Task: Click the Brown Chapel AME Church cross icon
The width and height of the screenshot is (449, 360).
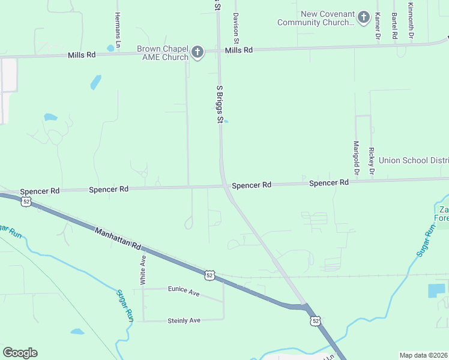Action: tap(197, 52)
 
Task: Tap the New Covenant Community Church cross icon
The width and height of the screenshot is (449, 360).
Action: tap(363, 17)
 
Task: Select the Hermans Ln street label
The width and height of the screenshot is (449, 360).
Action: tap(118, 26)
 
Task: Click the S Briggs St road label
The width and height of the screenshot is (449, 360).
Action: tap(220, 104)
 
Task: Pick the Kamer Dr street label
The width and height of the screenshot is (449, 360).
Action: tap(377, 26)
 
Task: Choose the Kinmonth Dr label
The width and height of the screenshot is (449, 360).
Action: tap(411, 21)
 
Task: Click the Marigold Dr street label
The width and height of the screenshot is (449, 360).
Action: tap(356, 158)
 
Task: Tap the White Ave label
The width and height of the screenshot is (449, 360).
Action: tap(143, 269)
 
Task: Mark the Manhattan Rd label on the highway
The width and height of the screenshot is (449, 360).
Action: tap(117, 237)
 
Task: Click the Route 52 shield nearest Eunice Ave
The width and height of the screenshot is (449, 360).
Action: tap(209, 275)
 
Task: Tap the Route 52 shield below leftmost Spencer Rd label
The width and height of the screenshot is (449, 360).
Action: tap(26, 202)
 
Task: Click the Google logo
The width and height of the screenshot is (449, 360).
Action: tap(20, 352)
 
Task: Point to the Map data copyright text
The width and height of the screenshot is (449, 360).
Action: tap(423, 355)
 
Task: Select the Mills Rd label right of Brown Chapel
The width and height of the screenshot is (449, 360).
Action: tap(239, 50)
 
